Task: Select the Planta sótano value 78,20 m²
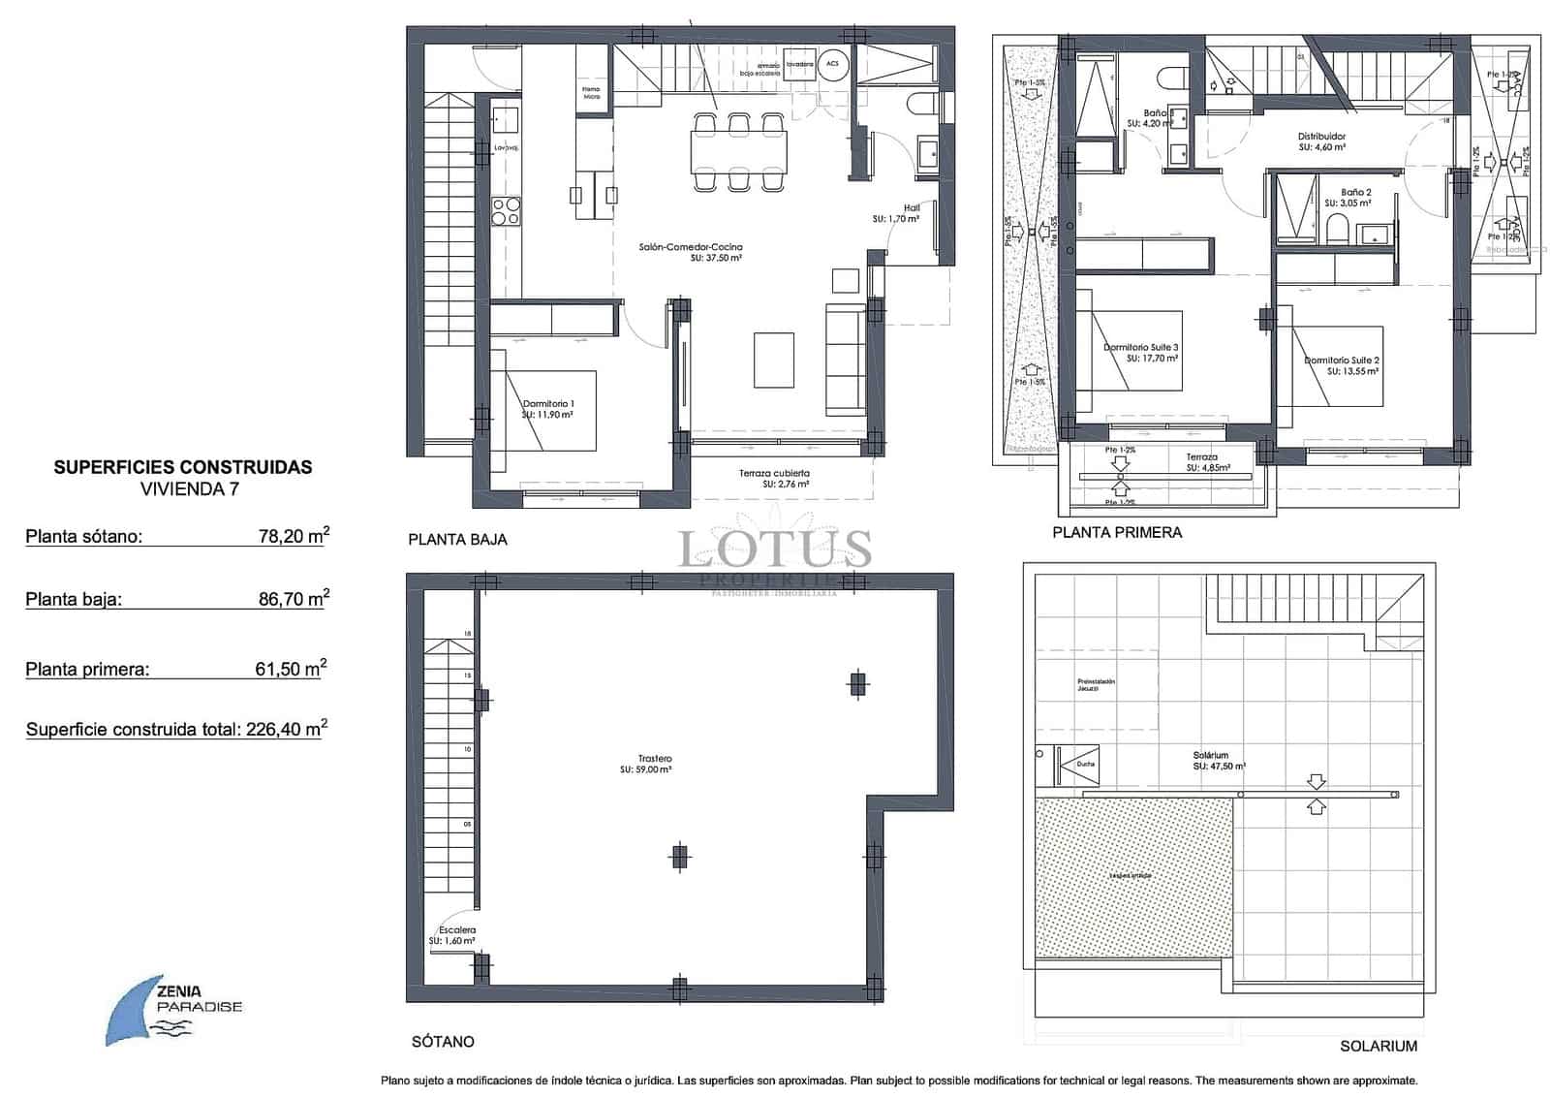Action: pos(294,536)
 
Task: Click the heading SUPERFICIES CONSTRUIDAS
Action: pos(182,467)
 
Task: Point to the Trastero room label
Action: pos(655,765)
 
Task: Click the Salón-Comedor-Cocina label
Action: pos(690,253)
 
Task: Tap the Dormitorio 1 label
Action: pos(547,409)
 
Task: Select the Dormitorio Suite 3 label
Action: pos(1141,353)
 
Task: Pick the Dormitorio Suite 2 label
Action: pos(1342,365)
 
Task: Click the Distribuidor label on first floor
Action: pos(1321,142)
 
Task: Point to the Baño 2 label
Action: pos(1354,198)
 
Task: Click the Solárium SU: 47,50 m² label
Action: pos(1219,761)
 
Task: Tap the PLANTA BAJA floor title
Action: pos(457,540)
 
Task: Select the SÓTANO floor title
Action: pos(443,1042)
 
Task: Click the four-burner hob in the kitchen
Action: pos(506,210)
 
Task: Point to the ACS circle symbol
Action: pos(831,64)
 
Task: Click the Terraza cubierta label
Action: pos(774,479)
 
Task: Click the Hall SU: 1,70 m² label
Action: pos(896,214)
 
